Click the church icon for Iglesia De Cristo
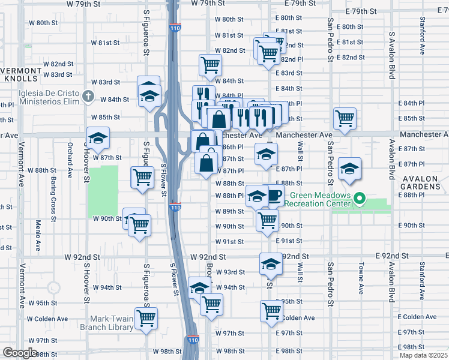tap(88, 96)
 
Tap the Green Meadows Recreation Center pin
tap(360, 199)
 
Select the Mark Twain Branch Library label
tap(107, 323)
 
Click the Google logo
tap(20, 352)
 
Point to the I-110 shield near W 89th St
tap(174, 208)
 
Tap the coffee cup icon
tap(274, 196)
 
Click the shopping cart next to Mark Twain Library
tap(146, 317)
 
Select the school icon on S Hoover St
tap(98, 139)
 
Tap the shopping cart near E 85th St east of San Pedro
tap(345, 118)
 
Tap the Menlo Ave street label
tap(37, 236)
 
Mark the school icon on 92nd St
tap(271, 263)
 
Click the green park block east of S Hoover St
tap(103, 191)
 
